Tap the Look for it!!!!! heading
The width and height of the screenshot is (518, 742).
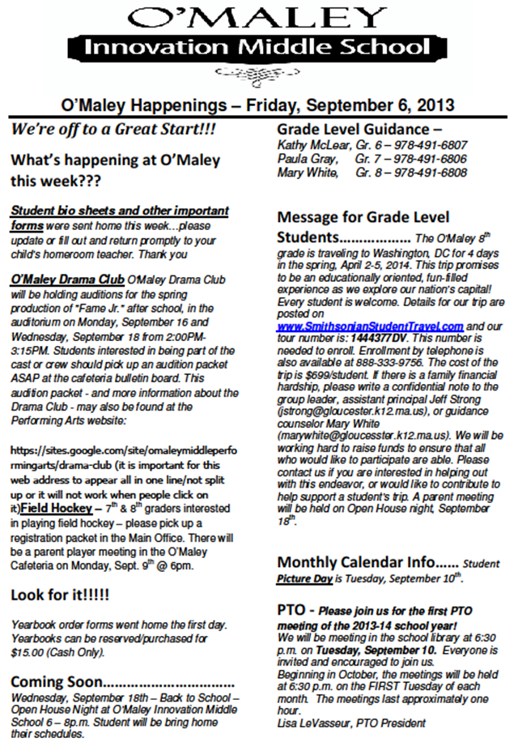pyautogui.click(x=61, y=595)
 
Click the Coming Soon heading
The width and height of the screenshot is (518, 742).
pyautogui.click(x=57, y=681)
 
